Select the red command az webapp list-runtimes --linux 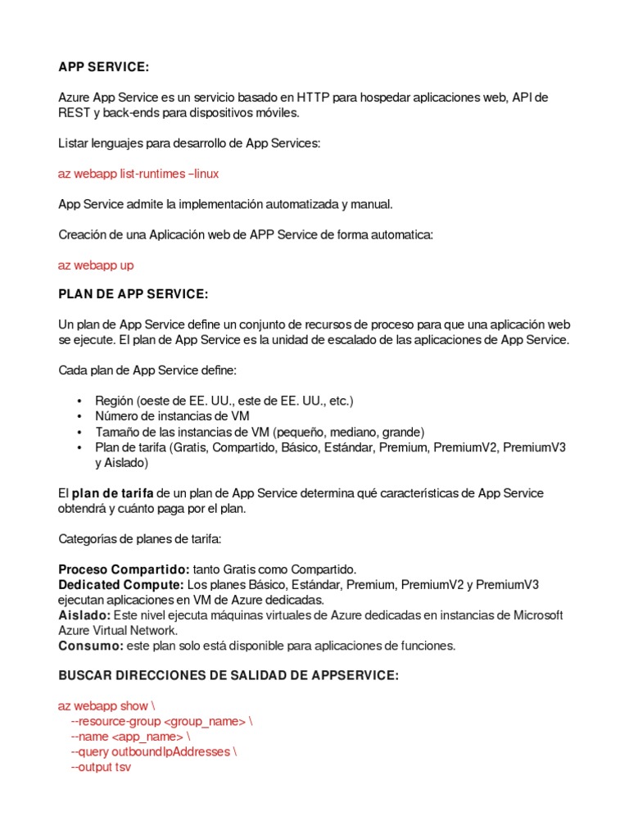tap(138, 174)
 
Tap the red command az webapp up tap(96, 265)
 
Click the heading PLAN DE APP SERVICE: tap(133, 294)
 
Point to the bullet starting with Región tap(224, 401)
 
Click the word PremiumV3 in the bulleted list tap(534, 447)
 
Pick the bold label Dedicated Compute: tap(121, 584)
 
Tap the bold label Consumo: tap(90, 646)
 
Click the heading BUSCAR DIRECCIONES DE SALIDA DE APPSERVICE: tap(229, 675)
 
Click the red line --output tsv tap(101, 767)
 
